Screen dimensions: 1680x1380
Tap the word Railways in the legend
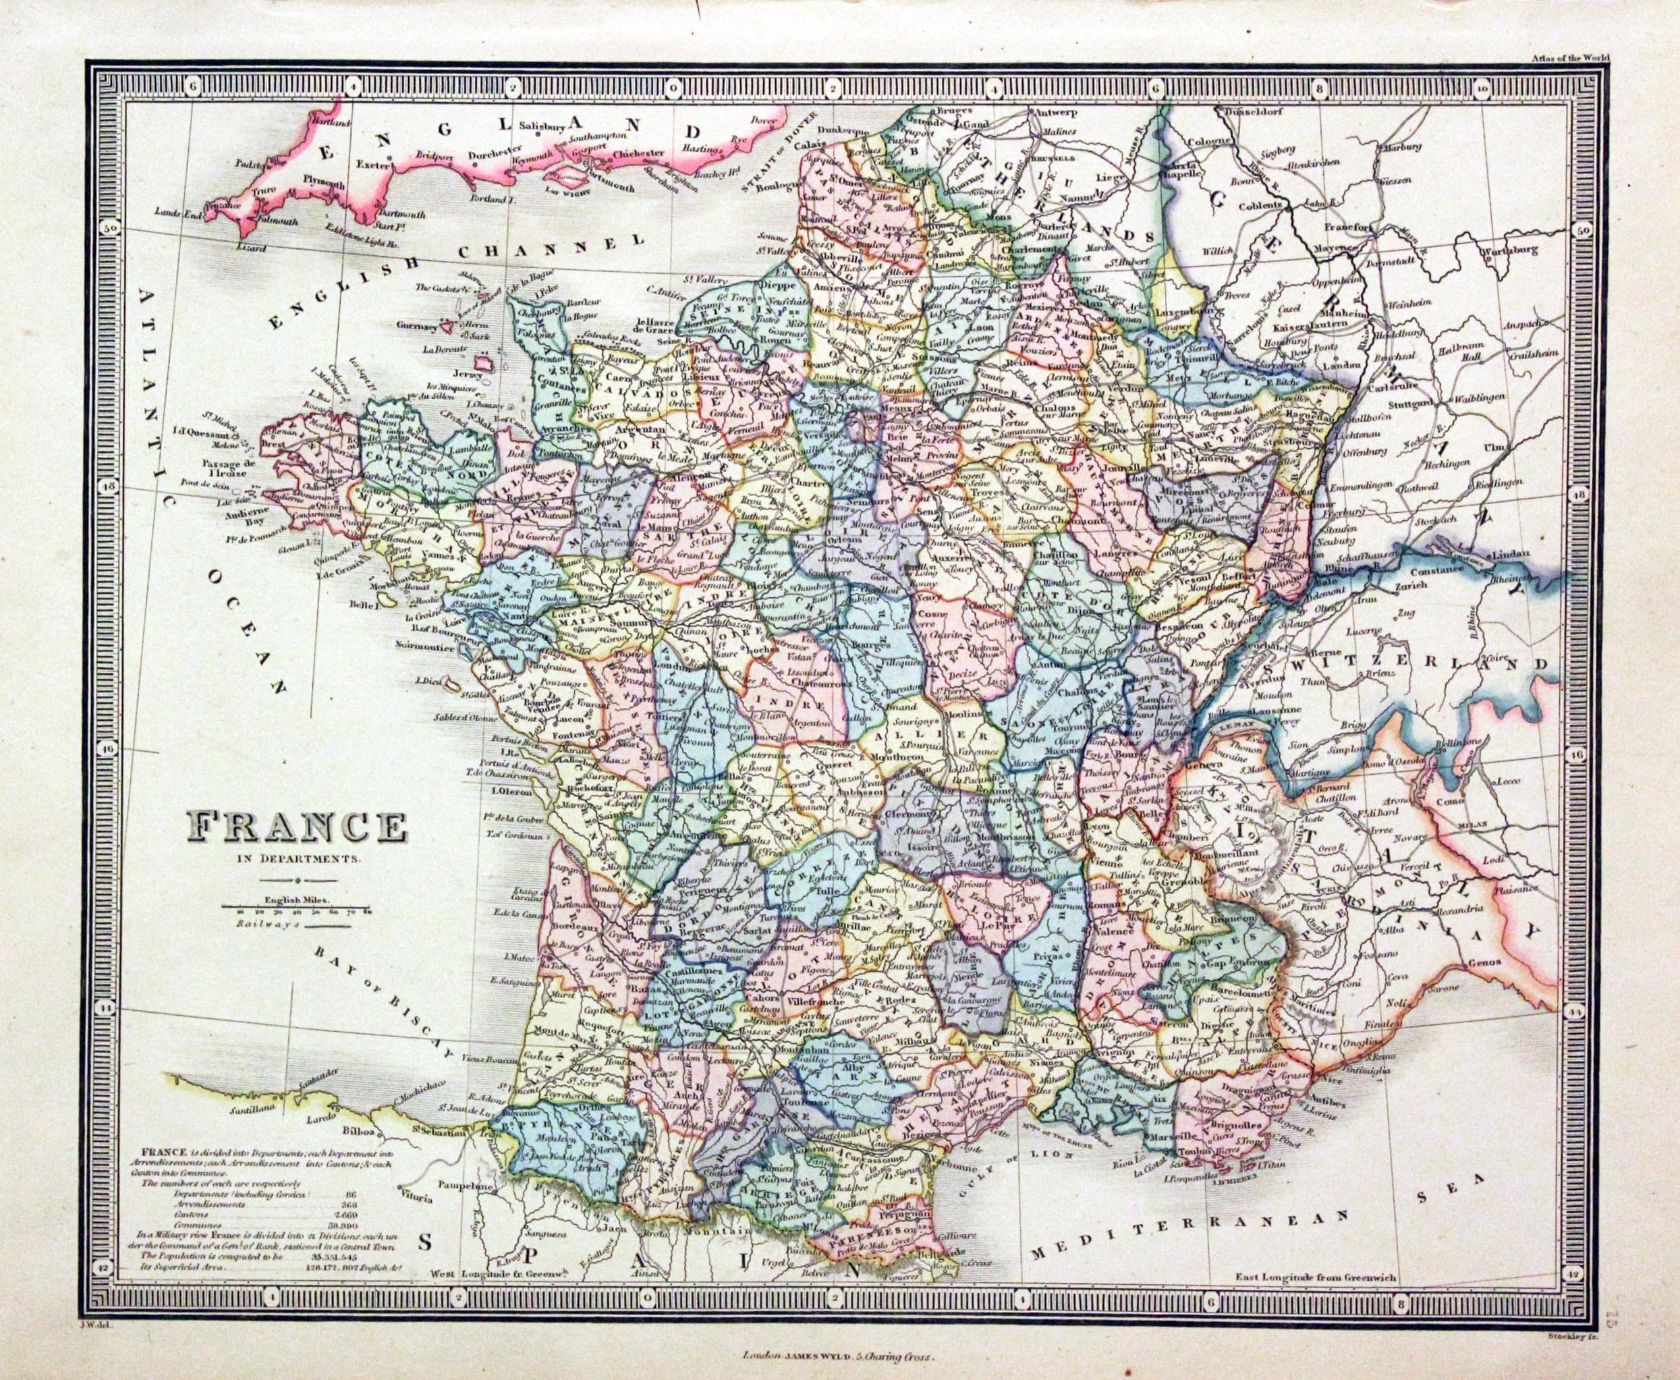tap(258, 925)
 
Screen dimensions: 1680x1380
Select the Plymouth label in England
tap(323, 184)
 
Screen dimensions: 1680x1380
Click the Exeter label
tap(375, 165)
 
